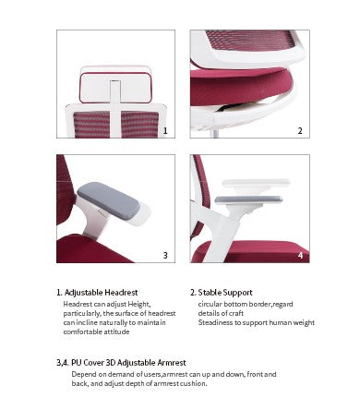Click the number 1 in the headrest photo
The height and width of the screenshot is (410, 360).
click(165, 131)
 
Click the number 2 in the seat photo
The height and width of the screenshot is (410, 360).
click(300, 131)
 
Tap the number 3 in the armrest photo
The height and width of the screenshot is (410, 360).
click(165, 255)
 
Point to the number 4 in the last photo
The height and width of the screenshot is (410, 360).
click(300, 255)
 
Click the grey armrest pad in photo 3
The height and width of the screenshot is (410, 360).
click(108, 199)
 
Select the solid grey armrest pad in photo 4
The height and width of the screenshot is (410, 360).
click(248, 199)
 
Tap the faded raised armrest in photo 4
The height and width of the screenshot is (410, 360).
click(256, 182)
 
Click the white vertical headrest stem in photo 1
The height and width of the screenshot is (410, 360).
click(115, 108)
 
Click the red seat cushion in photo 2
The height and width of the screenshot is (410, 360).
click(240, 86)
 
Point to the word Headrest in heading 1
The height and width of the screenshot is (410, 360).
click(121, 293)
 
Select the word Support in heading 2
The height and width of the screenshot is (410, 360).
click(237, 293)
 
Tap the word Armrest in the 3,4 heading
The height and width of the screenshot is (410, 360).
click(172, 363)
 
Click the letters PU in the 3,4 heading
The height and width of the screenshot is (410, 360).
click(77, 363)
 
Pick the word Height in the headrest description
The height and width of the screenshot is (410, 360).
click(139, 305)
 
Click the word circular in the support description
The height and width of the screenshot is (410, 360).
click(210, 304)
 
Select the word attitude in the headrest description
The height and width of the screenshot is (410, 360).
click(117, 332)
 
